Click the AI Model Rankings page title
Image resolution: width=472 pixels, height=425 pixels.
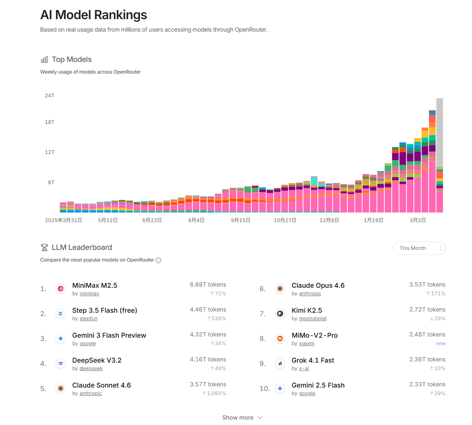[93, 15]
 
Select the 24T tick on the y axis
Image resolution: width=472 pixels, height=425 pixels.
[49, 96]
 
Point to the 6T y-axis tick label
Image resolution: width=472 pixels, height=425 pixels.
[49, 183]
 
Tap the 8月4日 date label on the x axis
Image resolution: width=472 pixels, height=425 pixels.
[196, 220]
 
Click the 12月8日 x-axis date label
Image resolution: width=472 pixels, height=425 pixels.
[329, 220]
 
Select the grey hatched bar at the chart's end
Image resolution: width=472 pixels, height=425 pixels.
[439, 133]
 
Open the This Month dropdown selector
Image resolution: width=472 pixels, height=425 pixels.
[419, 248]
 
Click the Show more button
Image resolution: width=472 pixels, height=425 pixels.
[242, 418]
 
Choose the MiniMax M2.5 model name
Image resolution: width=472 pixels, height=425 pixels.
[95, 286]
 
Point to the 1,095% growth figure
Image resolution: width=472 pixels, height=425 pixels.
[214, 393]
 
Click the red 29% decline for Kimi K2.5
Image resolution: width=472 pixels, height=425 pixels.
[438, 319]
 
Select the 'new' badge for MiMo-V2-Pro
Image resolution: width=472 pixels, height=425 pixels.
[440, 343]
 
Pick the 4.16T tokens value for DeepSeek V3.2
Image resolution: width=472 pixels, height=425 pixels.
[208, 359]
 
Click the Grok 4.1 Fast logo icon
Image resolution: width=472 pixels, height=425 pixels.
[280, 363]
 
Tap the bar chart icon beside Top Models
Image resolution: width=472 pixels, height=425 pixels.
[44, 59]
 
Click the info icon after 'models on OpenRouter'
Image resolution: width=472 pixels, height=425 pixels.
[158, 260]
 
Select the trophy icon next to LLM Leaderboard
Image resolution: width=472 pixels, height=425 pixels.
[44, 247]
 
